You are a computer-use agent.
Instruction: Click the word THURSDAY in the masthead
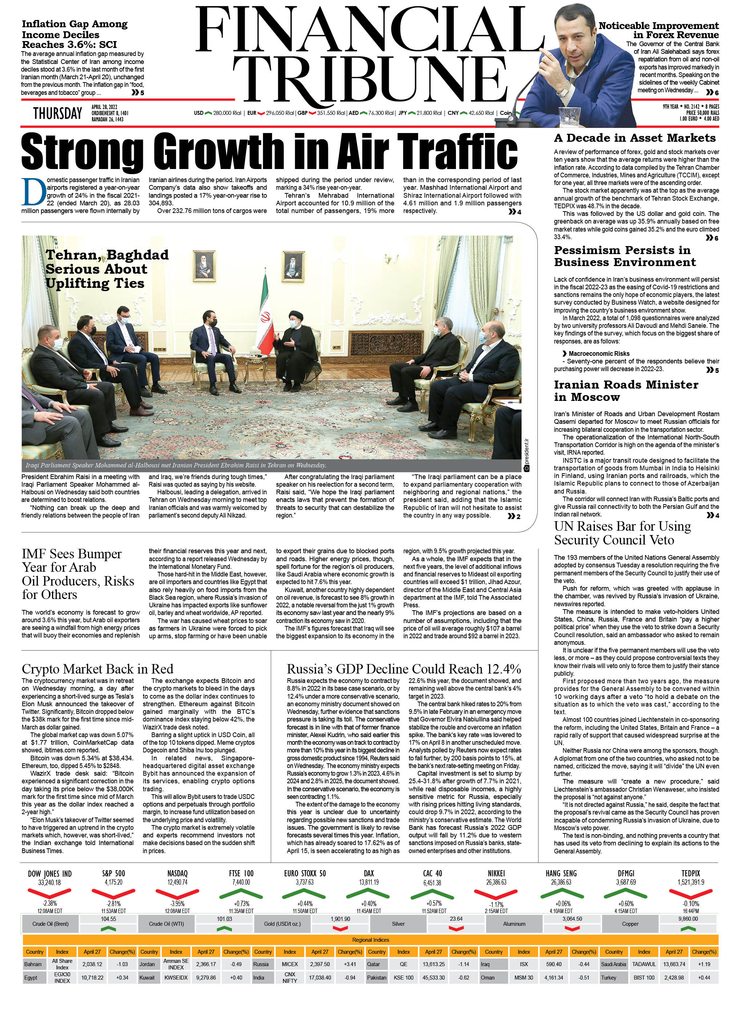pos(57,113)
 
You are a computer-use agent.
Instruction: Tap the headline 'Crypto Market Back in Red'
pos(97,669)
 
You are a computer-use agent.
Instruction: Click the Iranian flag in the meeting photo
pos(266,314)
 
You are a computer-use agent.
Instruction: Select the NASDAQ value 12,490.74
pos(177,882)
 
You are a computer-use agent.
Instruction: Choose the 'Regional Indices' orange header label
pos(370,940)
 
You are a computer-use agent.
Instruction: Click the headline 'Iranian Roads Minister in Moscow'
pos(626,391)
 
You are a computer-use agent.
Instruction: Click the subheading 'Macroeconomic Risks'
pos(599,353)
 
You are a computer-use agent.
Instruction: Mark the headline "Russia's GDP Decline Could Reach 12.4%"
pos(404,669)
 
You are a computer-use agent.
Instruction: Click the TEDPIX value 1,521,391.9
pos(690,882)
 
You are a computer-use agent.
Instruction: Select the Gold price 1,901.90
pos(340,919)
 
